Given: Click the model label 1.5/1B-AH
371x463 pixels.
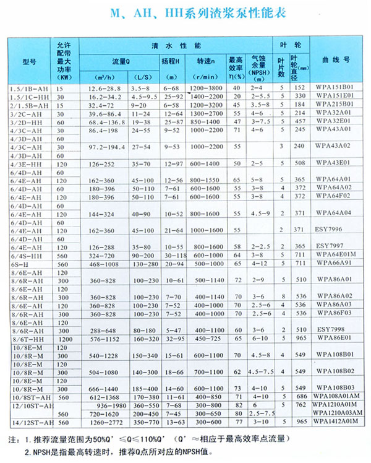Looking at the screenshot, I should coord(29,89).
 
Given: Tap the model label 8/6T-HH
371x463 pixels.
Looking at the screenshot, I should coord(29,339).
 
